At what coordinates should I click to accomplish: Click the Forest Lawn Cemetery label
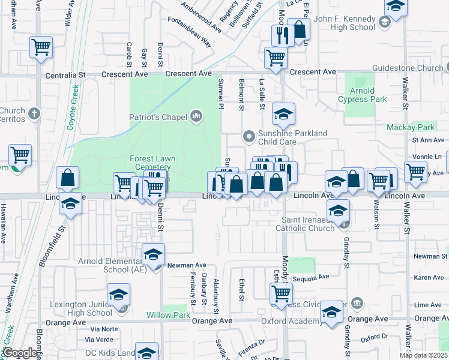tap(152, 163)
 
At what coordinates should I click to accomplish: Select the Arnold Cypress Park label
tap(362, 95)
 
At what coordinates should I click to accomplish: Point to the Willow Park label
tap(168, 315)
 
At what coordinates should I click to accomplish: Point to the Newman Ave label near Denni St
tap(186, 265)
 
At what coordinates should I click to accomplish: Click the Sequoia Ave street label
tap(311, 277)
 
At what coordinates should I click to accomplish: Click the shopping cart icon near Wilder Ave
tap(41, 47)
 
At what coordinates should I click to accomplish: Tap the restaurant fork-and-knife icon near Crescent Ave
tap(280, 35)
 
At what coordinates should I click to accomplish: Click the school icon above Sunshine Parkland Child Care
tap(283, 113)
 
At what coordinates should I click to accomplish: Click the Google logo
tap(20, 353)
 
